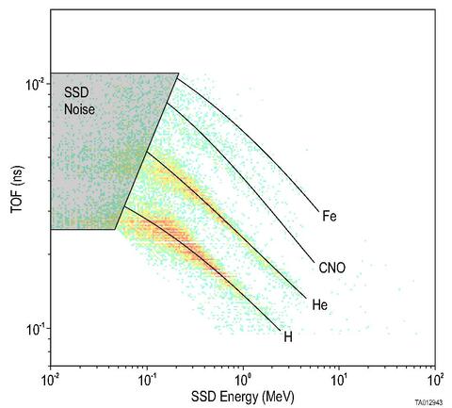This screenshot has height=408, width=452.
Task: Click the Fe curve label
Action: coord(329,217)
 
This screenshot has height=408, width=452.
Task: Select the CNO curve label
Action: coord(332,269)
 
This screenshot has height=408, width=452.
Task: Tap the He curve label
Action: coord(320,305)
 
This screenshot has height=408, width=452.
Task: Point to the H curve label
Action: coord(289,336)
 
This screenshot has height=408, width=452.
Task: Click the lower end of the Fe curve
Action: coord(317,210)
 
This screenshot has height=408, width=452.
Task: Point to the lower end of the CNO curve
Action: coord(315,261)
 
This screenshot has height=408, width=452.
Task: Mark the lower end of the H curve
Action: coord(280,329)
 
